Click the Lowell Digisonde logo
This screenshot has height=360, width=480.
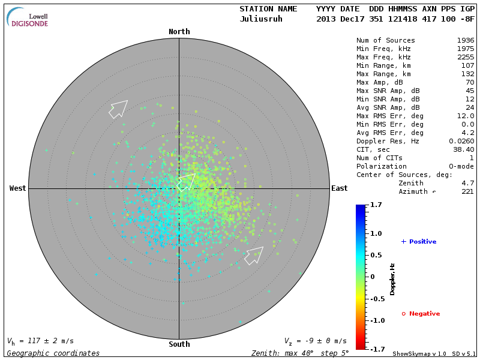click(28, 17)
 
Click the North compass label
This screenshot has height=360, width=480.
click(179, 32)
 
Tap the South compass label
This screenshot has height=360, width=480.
click(179, 344)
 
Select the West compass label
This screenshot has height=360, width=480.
click(18, 188)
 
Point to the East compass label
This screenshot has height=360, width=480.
click(340, 188)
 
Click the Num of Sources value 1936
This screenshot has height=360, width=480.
click(466, 41)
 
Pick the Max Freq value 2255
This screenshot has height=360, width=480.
click(466, 58)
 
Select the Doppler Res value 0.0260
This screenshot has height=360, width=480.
click(461, 141)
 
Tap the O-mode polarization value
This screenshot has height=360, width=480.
click(461, 166)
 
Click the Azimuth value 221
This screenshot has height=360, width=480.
click(467, 191)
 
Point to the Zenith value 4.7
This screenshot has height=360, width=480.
click(467, 183)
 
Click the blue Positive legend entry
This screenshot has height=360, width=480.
click(419, 242)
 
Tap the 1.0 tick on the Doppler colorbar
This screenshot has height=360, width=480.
click(376, 233)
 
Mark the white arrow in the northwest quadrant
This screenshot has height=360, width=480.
click(119, 109)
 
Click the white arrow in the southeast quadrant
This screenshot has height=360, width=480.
click(254, 255)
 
